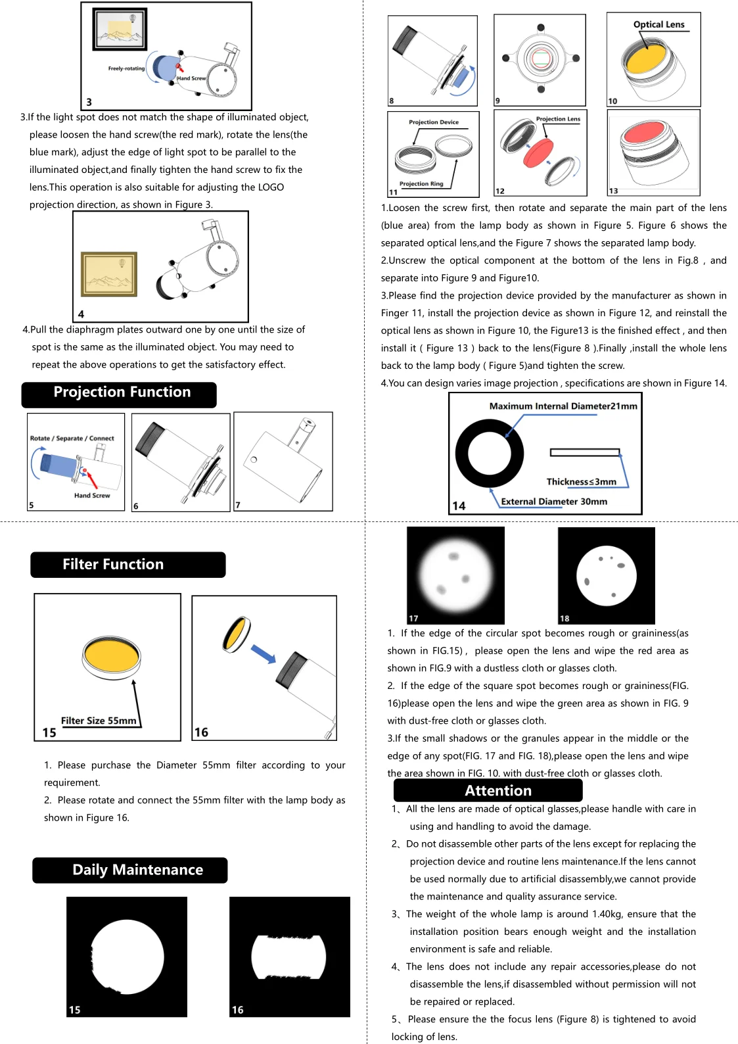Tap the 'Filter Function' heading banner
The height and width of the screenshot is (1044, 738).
coord(127,565)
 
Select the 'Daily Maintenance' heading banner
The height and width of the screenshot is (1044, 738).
coord(130,870)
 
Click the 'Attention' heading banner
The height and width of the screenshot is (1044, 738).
coord(488,790)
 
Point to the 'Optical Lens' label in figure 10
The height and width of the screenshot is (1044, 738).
coord(658,25)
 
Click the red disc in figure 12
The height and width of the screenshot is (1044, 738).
coord(538,153)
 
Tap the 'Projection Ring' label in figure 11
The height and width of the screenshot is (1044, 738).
coord(421,184)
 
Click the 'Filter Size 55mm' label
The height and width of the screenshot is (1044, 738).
coord(99,721)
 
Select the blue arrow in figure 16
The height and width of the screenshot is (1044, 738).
coord(264,653)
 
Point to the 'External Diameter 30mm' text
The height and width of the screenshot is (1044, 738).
coord(554,502)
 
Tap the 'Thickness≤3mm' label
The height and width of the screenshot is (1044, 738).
coord(581,482)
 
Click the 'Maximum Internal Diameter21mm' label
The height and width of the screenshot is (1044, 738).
coord(563,406)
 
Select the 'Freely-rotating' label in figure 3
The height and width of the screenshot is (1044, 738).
coord(126,68)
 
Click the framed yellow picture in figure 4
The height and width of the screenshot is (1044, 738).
coord(108,274)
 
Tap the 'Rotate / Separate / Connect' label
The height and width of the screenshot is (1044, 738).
coord(72,439)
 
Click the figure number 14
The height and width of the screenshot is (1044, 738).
coord(459,506)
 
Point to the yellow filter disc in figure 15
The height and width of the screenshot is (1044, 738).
coord(112,655)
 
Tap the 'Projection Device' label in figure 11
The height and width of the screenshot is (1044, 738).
coord(434,122)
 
